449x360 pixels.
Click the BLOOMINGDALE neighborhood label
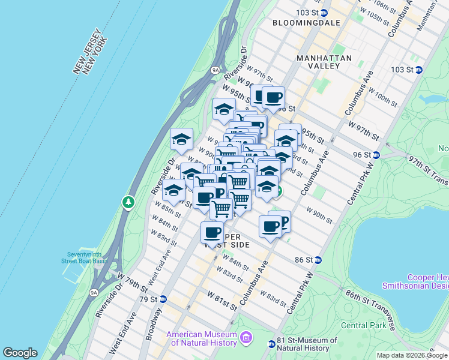[x=306, y=23]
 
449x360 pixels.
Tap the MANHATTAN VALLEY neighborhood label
[x=324, y=62]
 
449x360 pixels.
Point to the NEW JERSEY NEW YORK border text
[x=91, y=53]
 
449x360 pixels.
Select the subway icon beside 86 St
[x=318, y=260]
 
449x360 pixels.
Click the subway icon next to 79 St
[x=163, y=299]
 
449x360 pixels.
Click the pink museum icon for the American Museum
[x=244, y=338]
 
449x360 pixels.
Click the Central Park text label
[x=362, y=325]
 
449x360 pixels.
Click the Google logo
[x=20, y=353]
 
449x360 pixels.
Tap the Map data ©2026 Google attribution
[x=412, y=355]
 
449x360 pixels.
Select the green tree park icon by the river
[x=128, y=203]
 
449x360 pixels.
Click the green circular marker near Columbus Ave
[x=278, y=191]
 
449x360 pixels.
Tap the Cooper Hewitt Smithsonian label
[x=427, y=281]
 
